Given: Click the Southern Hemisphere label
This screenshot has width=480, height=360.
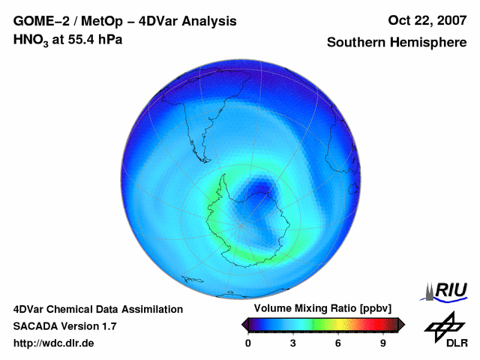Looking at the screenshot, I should [x=396, y=43].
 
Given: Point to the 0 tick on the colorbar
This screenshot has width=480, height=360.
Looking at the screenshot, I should [x=248, y=343].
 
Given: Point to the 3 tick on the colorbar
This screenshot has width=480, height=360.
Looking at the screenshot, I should [x=293, y=343].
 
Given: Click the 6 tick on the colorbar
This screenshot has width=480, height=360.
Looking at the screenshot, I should [x=337, y=343].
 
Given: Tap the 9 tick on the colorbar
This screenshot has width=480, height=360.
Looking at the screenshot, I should [x=382, y=343].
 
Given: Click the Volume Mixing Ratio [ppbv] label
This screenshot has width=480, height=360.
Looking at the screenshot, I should [x=320, y=309].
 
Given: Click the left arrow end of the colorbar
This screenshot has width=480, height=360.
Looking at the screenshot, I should [x=244, y=324].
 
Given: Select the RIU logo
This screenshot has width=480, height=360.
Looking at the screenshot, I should [x=447, y=290].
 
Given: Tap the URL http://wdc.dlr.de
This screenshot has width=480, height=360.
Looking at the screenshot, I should [x=54, y=343].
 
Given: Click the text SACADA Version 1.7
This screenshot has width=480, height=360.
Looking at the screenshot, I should [x=64, y=326].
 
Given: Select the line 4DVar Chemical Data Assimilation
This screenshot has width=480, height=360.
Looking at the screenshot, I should [x=97, y=309].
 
